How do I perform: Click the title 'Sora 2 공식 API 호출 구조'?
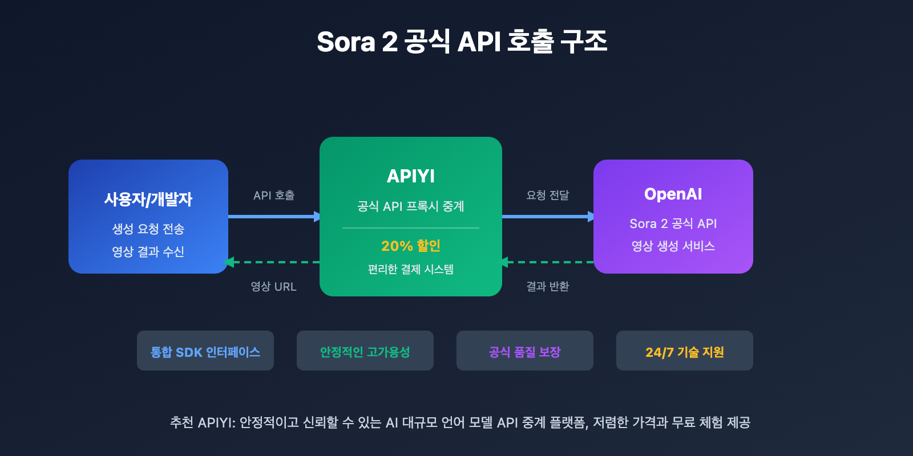[462, 42]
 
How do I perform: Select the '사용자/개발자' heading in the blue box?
[148, 199]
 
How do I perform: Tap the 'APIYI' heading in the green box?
[411, 176]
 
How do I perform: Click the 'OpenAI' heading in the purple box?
[673, 194]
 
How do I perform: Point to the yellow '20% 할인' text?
[411, 246]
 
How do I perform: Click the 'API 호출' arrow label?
[274, 196]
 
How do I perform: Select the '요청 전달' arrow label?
[548, 196]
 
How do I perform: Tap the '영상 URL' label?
[274, 287]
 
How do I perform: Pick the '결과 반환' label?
[548, 287]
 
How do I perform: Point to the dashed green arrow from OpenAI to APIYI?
[548, 262]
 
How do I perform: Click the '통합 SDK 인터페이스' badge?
[205, 351]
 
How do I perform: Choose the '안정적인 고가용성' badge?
[365, 351]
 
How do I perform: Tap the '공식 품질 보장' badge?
[525, 351]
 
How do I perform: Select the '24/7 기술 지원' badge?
[685, 351]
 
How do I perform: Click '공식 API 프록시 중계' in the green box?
[411, 206]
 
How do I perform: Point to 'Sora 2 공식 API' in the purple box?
[673, 223]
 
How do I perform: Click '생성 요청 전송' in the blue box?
[148, 229]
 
